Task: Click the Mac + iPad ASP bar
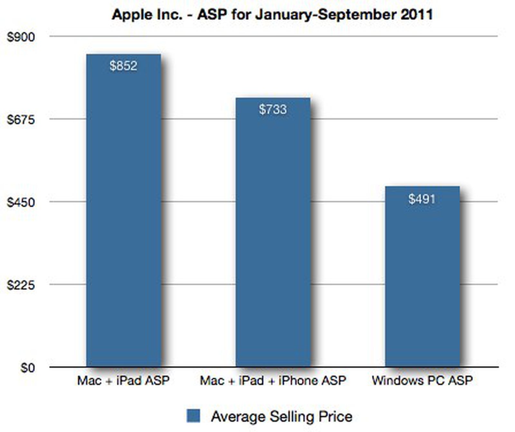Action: click(x=124, y=211)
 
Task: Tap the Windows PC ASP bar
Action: click(x=422, y=277)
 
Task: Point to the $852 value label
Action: click(x=124, y=66)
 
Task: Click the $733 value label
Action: click(x=273, y=109)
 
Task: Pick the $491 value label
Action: click(x=422, y=199)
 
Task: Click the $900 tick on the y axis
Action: click(x=21, y=37)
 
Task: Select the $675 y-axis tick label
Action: click(x=21, y=120)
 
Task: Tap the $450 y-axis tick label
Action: click(x=21, y=202)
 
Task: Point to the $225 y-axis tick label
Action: click(x=21, y=285)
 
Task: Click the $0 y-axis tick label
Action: click(x=28, y=368)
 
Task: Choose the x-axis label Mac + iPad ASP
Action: click(x=123, y=381)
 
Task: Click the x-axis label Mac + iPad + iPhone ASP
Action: click(x=273, y=381)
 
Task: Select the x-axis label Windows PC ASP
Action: click(x=422, y=381)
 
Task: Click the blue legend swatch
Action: click(x=193, y=416)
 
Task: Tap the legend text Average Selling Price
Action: click(x=282, y=417)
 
